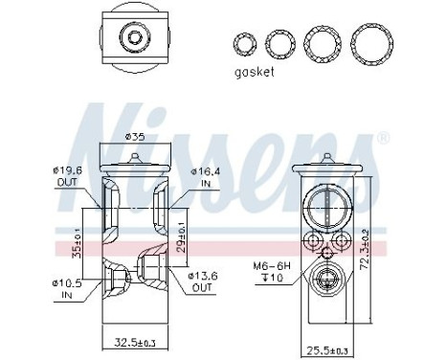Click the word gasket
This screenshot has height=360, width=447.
[255, 74]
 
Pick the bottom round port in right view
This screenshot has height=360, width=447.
[324, 284]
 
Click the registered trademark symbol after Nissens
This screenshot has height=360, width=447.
[383, 139]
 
